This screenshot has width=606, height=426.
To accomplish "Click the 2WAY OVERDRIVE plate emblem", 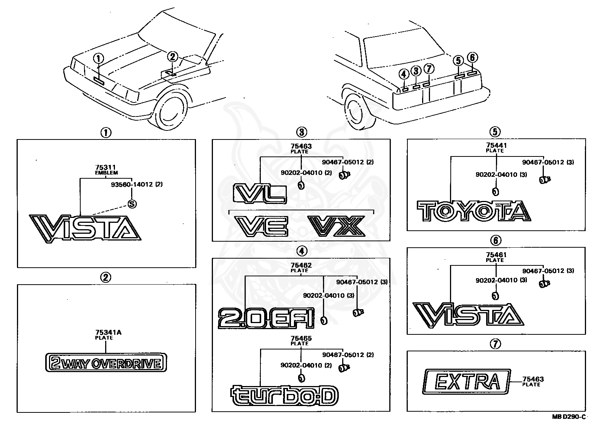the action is point(106,362).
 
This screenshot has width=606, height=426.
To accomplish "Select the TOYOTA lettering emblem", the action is point(474,211).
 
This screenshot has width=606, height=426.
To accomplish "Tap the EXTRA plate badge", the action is point(467,382).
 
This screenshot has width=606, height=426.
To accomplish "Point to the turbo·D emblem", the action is point(284,395).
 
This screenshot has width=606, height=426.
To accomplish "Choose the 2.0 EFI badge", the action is point(266,318).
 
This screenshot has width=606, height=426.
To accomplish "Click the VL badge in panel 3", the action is point(260,193).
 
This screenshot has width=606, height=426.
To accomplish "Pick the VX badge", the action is point(336,226).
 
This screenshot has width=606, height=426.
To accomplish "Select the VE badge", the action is point(261,226).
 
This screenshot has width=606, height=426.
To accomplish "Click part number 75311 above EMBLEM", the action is point(106,167).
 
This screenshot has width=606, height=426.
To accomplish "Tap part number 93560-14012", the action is point(132,184).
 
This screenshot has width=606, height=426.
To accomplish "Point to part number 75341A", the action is point(108,333).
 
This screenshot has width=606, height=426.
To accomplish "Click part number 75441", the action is point(496,146).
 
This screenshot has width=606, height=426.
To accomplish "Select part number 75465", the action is point(301,338).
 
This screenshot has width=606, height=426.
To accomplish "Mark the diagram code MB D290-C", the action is point(569,417).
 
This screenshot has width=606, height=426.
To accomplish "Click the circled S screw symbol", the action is point(132,204).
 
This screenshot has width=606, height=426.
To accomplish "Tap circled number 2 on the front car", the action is point(173,57).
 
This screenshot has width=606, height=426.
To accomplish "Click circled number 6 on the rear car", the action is point(472,57).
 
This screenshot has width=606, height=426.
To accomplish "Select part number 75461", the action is point(496,255).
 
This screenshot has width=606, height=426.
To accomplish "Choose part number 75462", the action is point(301,265).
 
